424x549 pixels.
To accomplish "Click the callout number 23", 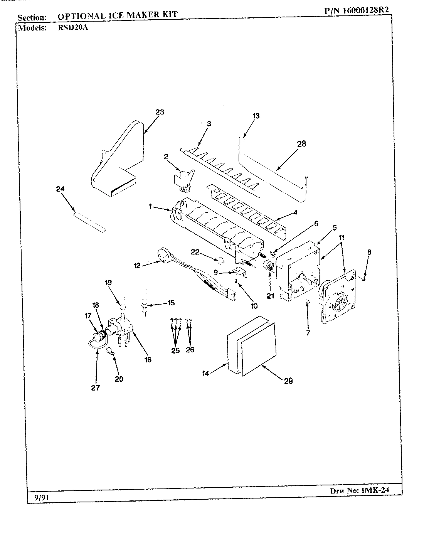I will tap(160, 112).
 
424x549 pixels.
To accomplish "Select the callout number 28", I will tap(301, 143).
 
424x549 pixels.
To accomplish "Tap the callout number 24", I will tap(60, 189).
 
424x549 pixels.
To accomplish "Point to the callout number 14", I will tap(206, 373).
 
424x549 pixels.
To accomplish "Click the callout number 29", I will tap(288, 381).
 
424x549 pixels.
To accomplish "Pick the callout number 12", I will tap(137, 265).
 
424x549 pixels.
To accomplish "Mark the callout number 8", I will tap(369, 253).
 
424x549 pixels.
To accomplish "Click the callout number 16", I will tap(148, 360).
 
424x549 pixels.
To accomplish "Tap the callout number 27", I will tap(95, 388).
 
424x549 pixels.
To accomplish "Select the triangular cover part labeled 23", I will tap(116, 158).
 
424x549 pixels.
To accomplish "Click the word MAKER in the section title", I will tap(138, 15).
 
